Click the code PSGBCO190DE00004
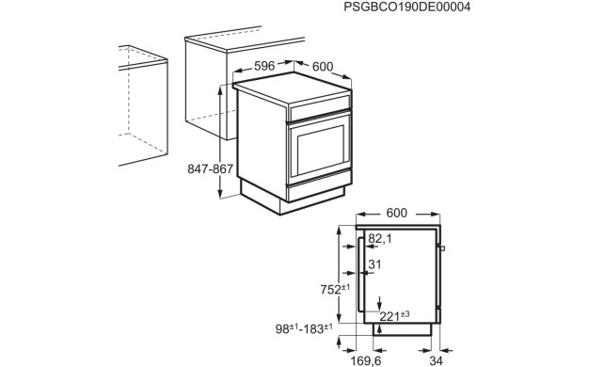click(407, 7)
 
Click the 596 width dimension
click(264, 66)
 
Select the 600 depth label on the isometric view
click(323, 67)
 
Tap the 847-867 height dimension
click(211, 169)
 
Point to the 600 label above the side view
click(397, 213)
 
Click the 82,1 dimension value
click(380, 238)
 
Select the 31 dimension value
click(374, 264)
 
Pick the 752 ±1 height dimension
click(335, 290)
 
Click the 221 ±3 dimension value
click(394, 316)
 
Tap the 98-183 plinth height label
click(304, 329)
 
